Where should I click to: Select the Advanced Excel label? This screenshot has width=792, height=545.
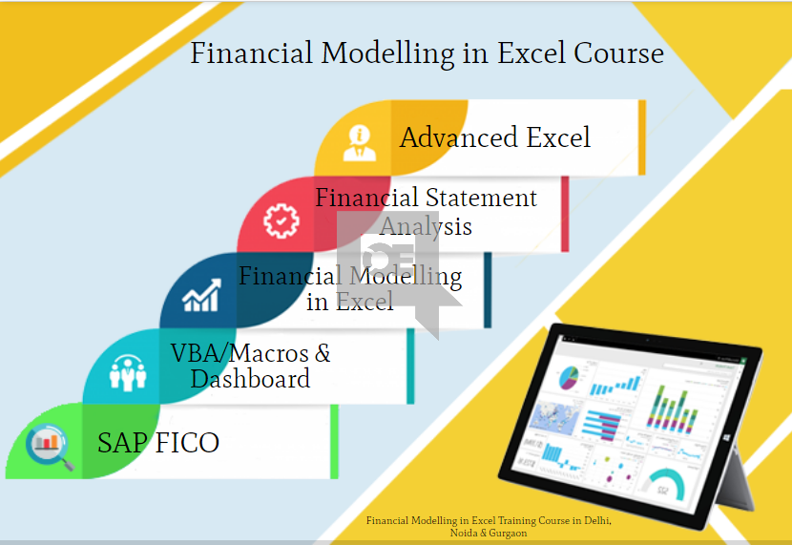pos(494,137)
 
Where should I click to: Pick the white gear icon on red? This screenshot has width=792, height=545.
pos(281,220)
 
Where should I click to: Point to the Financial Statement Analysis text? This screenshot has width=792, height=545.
pos(426,211)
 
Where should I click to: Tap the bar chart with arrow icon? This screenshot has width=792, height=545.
pos(201,296)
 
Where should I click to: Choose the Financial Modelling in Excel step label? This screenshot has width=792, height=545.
pos(349,288)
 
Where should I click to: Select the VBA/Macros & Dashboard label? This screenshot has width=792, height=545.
pos(250,366)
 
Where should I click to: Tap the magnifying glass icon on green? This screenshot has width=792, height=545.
pos(49,444)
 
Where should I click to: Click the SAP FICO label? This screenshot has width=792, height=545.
pos(157,443)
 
